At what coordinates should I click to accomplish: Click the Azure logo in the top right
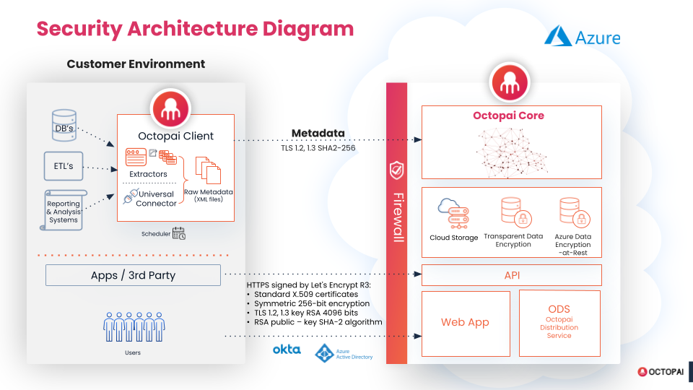pos(582,36)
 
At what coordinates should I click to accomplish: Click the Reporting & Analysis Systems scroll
pos(64,209)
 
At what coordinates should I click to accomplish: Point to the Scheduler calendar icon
pos(178,233)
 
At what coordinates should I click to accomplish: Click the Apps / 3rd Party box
pos(133,275)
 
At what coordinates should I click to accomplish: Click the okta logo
pos(287,350)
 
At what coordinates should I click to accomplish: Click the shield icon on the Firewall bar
pos(396,170)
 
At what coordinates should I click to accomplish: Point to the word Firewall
pos(396,217)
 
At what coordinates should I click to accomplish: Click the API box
pos(511,275)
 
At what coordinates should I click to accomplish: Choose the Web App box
pos(465,323)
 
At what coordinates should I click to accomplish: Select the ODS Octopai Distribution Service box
pos(559,323)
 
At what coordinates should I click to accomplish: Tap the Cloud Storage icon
pos(453,213)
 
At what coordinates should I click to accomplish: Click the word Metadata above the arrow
pos(318,133)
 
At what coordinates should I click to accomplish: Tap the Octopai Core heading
pos(508,116)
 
